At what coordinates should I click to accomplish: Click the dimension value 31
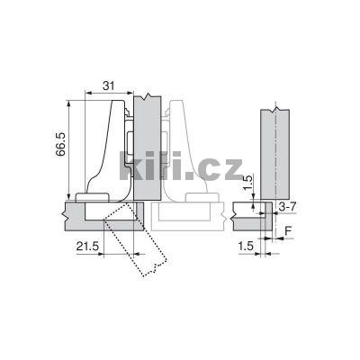[109, 85]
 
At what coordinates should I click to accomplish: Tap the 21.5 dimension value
[87, 245]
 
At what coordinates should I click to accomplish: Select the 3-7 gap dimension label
[286, 208]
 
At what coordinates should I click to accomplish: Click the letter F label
[288, 229]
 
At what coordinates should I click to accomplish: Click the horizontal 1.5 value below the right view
[245, 245]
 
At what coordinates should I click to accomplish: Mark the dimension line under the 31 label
[109, 94]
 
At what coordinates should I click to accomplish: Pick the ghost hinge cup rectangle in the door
[184, 212]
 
